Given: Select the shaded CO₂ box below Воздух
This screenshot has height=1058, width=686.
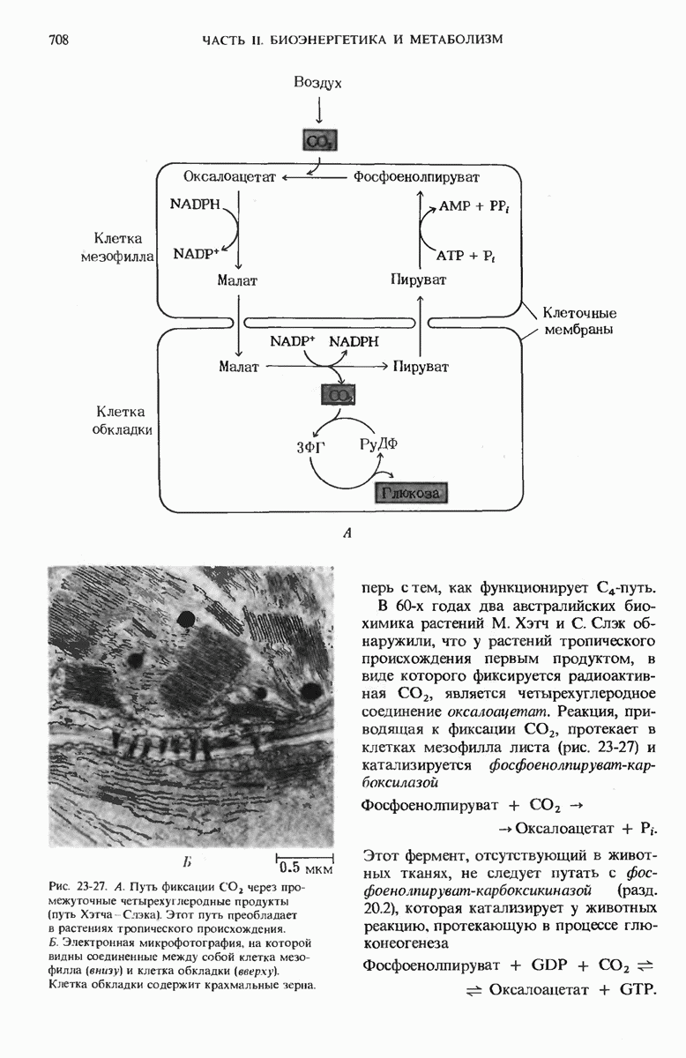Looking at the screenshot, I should pos(318,141).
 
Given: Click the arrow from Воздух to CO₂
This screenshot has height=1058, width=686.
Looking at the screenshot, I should pos(318,110).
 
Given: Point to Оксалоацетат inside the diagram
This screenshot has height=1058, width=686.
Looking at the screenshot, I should pos(230,177).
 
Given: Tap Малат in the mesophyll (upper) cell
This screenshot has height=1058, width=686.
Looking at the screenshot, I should pos(237,281).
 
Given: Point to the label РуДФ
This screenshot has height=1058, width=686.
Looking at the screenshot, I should pos(379,443).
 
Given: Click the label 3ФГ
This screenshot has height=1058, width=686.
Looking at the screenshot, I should pos(311,447).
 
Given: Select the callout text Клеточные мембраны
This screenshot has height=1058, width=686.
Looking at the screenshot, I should pos(578,322).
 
